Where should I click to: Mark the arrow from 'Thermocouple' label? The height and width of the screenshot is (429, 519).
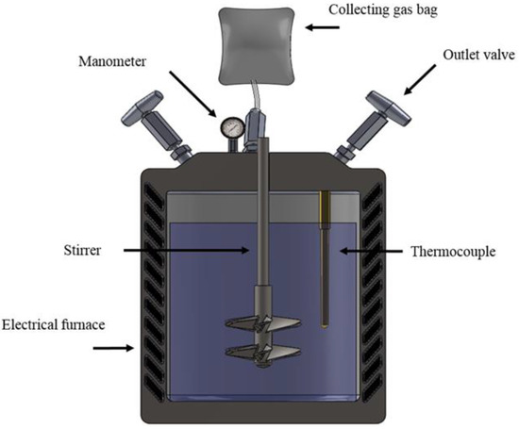(359, 251)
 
